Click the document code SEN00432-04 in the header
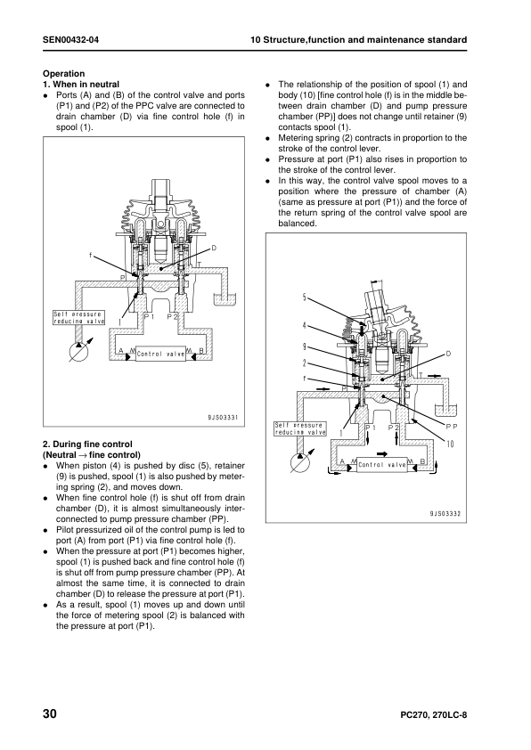click(x=70, y=40)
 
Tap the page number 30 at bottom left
click(x=50, y=714)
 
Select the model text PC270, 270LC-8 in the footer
click(x=433, y=715)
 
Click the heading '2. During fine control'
click(x=87, y=444)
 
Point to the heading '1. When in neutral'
click(x=81, y=85)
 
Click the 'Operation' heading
click(x=63, y=74)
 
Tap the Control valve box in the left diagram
click(x=160, y=354)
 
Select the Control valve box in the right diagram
click(x=381, y=464)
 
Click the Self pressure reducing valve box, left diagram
click(x=79, y=318)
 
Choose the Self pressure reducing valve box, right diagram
click(x=300, y=428)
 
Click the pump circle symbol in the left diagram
click(x=78, y=353)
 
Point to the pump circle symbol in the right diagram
click(x=300, y=463)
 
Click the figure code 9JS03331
click(x=223, y=418)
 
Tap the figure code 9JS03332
click(x=445, y=514)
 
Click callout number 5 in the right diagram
click(x=304, y=298)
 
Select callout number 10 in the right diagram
click(x=450, y=444)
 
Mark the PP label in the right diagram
click(x=452, y=426)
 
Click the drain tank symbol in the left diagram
click(x=225, y=299)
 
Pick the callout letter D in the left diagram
click(x=214, y=249)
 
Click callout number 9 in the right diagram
click(x=304, y=346)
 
